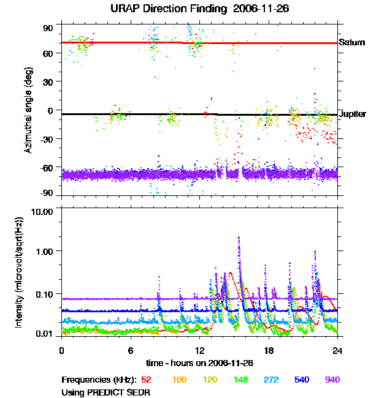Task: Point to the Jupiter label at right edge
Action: point(353,115)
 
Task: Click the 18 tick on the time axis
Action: point(269,350)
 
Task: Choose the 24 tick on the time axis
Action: point(337,350)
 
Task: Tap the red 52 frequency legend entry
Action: point(147,380)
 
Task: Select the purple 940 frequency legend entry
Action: point(332,380)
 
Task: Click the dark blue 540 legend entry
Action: point(301,380)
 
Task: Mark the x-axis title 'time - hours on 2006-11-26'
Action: point(199,363)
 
